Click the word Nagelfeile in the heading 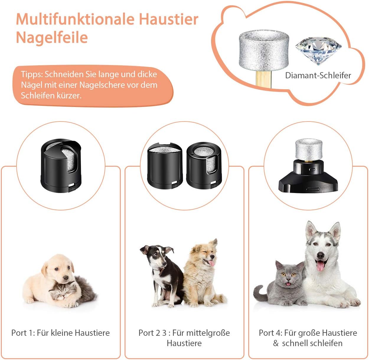[52, 38]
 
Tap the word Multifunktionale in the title [75, 19]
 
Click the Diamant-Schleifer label [318, 75]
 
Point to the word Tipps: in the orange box [32, 74]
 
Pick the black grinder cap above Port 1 [61, 166]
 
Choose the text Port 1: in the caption [23, 333]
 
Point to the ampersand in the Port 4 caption [276, 343]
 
